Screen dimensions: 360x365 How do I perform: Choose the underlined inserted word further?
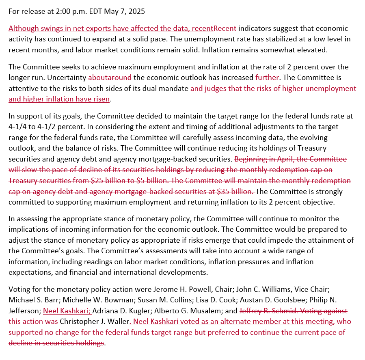[267, 77]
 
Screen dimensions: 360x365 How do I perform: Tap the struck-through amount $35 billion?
[236, 191]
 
